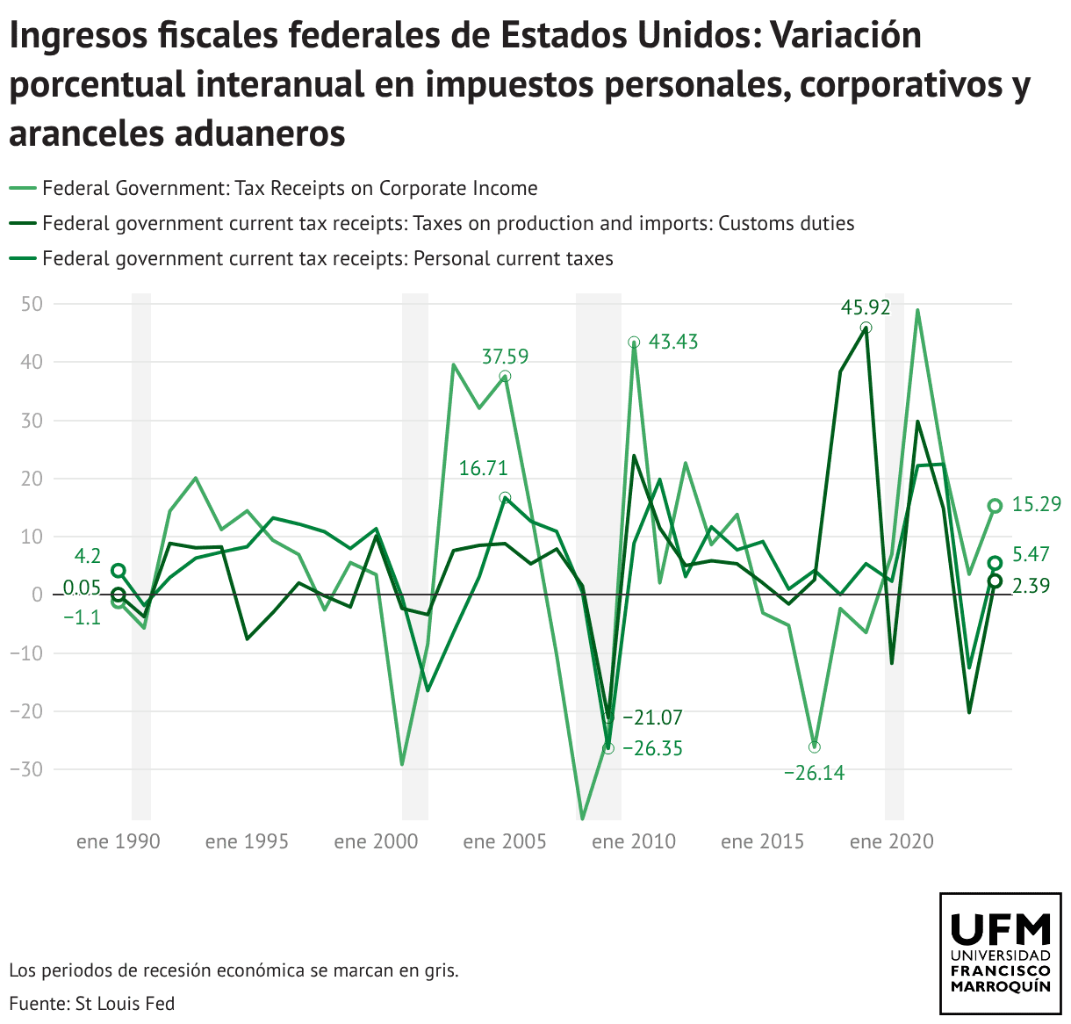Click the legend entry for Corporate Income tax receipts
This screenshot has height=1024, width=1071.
click(x=290, y=189)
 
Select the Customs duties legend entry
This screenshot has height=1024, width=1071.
click(x=448, y=224)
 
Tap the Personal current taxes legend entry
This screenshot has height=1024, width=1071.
click(x=327, y=259)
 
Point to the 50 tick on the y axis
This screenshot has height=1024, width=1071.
click(x=33, y=304)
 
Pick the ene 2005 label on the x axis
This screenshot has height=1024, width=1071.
click(x=505, y=842)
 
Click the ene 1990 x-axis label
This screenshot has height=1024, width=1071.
click(x=119, y=842)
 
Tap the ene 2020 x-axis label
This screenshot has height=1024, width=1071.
click(x=892, y=842)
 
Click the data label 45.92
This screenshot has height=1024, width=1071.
click(x=866, y=307)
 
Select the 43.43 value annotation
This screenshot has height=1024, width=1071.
click(x=673, y=343)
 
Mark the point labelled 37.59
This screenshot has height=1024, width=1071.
click(x=505, y=377)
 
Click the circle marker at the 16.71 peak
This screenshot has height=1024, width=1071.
click(x=505, y=498)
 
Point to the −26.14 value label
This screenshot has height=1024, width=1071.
click(x=814, y=774)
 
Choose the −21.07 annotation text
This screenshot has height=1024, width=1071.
click(x=652, y=718)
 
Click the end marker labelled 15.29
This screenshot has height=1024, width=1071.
click(x=995, y=506)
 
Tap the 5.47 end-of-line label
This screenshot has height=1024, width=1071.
click(x=1031, y=555)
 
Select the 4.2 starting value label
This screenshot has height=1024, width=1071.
click(x=87, y=557)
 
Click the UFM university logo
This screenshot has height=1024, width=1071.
click(x=1000, y=954)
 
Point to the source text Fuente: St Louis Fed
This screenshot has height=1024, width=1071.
click(x=92, y=1004)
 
